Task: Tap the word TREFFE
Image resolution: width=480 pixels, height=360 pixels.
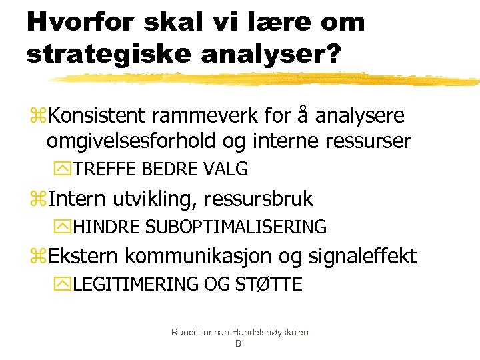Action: click(x=105, y=169)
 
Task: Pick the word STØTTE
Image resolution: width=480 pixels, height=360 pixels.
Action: click(x=269, y=285)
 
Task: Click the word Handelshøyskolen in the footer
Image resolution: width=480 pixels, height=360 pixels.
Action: click(x=269, y=332)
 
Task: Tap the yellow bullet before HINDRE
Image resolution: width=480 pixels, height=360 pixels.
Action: click(x=65, y=227)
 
